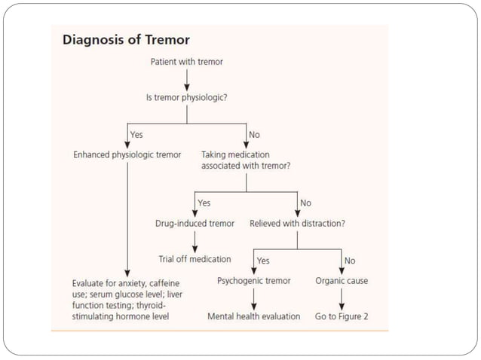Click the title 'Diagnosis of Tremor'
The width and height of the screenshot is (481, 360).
pyautogui.click(x=126, y=40)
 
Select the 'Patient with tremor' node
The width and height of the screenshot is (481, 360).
pyautogui.click(x=186, y=61)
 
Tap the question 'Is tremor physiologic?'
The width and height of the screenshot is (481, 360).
pyautogui.click(x=186, y=97)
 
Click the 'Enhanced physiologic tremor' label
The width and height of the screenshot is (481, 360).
pyautogui.click(x=127, y=154)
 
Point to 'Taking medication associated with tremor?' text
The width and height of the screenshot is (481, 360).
pyautogui.click(x=246, y=160)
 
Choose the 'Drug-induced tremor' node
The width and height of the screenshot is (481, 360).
pyautogui.click(x=195, y=223)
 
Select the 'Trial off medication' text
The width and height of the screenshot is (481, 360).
pyautogui.click(x=195, y=259)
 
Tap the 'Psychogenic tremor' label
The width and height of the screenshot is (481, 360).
pyautogui.click(x=253, y=281)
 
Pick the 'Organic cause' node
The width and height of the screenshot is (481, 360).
pyautogui.click(x=342, y=281)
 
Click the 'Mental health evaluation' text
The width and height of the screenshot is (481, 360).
pyautogui.click(x=253, y=316)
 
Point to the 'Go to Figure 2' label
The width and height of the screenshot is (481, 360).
pyautogui.click(x=342, y=316)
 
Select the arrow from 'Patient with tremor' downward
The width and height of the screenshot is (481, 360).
pyautogui.click(x=186, y=78)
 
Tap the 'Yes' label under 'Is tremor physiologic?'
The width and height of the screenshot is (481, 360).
pyautogui.click(x=136, y=134)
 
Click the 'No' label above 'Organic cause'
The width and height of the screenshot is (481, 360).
pyautogui.click(x=350, y=261)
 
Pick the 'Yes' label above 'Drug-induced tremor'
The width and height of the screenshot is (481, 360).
pyautogui.click(x=204, y=203)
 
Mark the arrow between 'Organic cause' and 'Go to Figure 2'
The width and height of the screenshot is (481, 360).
pyautogui.click(x=342, y=299)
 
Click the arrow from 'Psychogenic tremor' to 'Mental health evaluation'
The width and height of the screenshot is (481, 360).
pyautogui.click(x=253, y=299)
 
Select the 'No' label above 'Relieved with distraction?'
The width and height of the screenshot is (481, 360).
pyautogui.click(x=305, y=203)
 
